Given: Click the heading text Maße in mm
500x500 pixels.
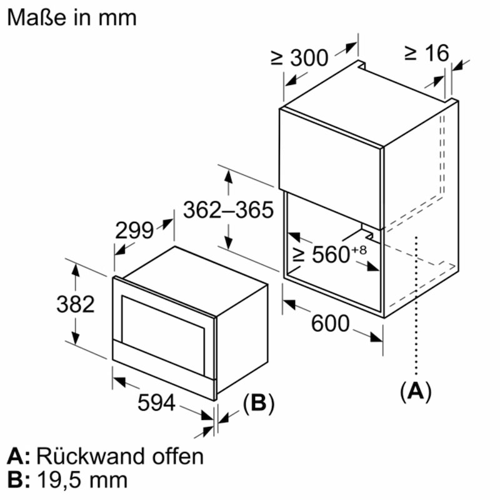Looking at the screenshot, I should point(71,17).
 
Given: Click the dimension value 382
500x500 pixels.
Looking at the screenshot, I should point(75,304).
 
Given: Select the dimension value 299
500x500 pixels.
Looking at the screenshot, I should point(134,231).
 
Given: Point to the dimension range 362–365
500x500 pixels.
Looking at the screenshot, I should point(228,210).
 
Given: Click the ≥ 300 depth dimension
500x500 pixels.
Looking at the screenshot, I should point(299,57).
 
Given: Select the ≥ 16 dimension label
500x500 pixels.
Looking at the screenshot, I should point(426,53).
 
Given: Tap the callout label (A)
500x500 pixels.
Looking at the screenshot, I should point(416,391).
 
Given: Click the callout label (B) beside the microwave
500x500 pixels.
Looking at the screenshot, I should point(258,404).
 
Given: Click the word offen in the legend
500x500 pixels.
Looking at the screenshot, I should point(177,456).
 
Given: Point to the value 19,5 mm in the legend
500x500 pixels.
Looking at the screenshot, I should point(82,480).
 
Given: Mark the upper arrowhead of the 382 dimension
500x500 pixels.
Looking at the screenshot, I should point(75,269).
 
